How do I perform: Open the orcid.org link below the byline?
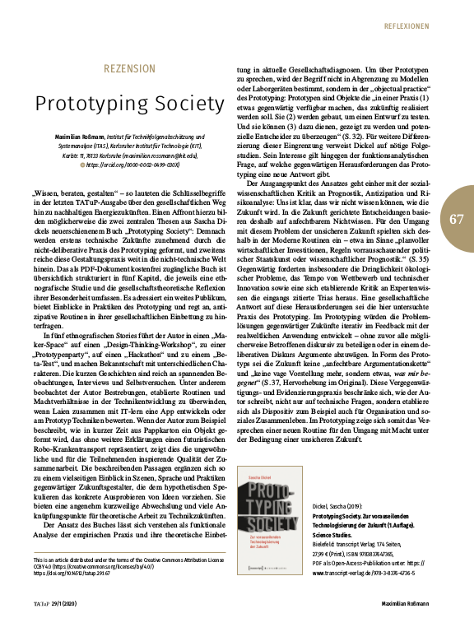click(x=132, y=164)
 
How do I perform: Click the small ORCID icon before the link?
click(x=79, y=164)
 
